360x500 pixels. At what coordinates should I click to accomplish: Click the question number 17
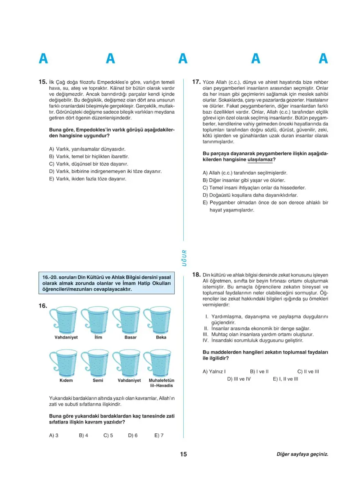(x=196, y=82)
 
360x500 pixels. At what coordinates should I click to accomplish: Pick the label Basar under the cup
(x=130, y=338)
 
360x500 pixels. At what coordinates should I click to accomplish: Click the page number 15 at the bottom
(x=183, y=454)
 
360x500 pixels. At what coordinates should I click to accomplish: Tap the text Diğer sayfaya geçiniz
(x=302, y=454)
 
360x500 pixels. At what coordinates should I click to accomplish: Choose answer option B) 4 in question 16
(x=83, y=435)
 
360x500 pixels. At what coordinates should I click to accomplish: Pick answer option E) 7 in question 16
(x=159, y=435)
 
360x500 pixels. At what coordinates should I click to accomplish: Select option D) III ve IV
(x=239, y=379)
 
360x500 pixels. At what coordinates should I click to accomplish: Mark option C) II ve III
(x=308, y=372)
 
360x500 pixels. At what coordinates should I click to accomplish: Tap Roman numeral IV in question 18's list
(x=206, y=340)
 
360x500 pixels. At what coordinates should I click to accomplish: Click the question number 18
(x=196, y=275)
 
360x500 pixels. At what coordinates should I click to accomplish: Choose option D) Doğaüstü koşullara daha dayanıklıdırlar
(x=250, y=195)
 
